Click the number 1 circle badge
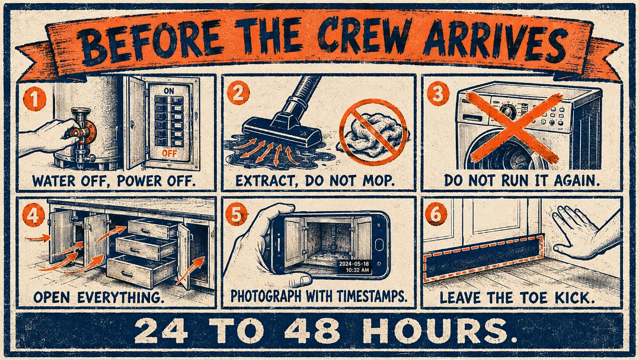point(34,99)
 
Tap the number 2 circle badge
point(238,93)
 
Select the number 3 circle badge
point(438,94)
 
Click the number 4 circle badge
point(33,215)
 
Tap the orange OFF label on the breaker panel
point(169,153)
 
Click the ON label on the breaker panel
point(169,91)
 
